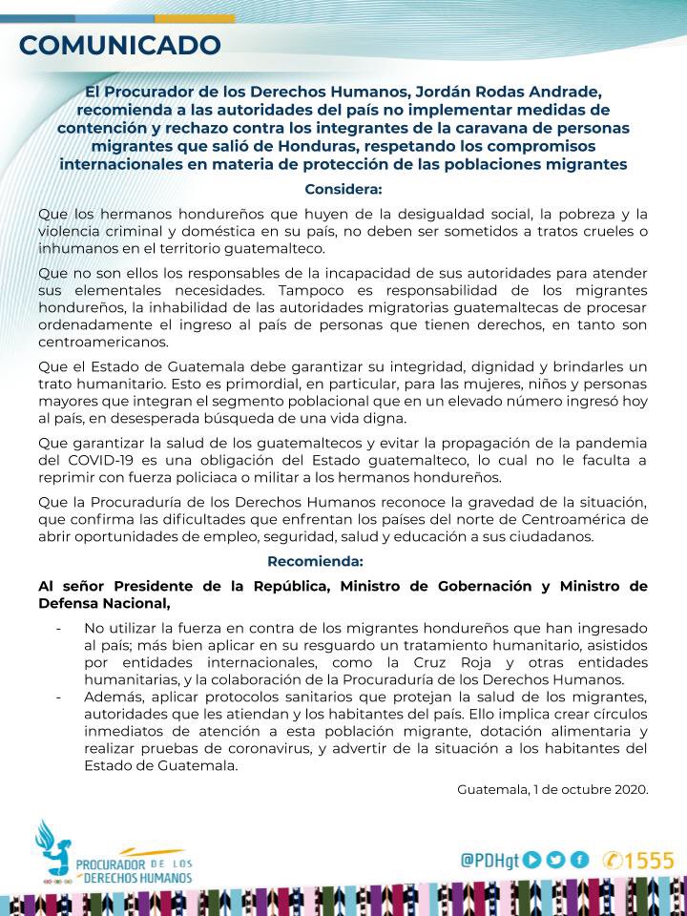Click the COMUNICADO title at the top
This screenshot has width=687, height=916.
(x=120, y=44)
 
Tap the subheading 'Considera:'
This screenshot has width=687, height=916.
(x=343, y=188)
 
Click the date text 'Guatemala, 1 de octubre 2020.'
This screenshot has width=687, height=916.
(x=552, y=789)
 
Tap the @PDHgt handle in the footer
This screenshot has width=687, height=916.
(x=489, y=860)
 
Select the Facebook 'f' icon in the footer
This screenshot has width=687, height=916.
(x=579, y=860)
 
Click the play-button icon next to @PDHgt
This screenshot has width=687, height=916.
(x=532, y=860)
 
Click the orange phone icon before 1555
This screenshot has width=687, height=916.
(x=614, y=860)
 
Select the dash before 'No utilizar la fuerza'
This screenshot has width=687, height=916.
(x=59, y=628)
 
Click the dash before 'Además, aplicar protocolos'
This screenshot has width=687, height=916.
(x=59, y=697)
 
